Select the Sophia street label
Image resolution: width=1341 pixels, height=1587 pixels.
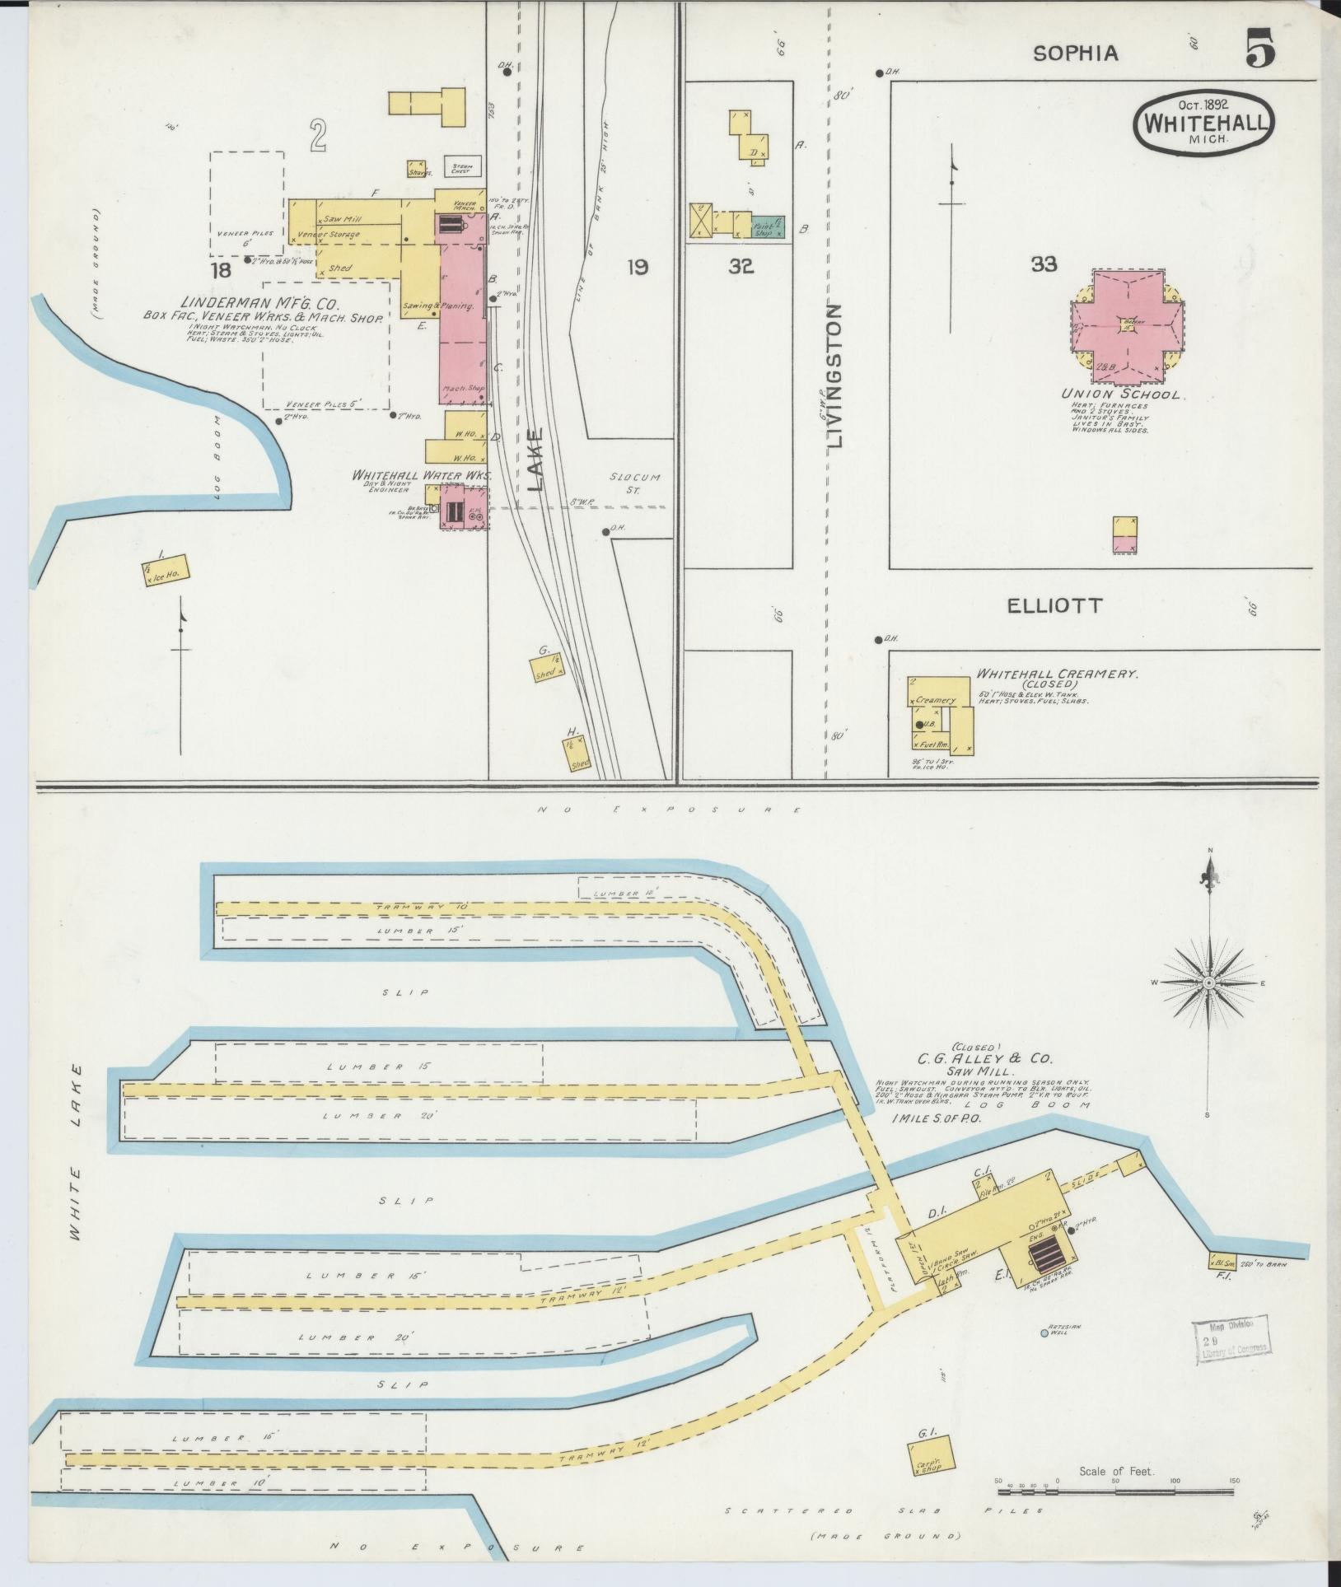[1076, 54]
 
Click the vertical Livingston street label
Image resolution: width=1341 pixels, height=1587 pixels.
[835, 376]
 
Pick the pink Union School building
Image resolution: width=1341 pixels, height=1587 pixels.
[1128, 327]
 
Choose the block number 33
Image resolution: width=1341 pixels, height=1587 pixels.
[1044, 264]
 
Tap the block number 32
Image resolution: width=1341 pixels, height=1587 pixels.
[741, 266]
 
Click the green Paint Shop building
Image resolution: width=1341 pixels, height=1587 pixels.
[768, 227]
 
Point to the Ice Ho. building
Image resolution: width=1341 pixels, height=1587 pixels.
[165, 570]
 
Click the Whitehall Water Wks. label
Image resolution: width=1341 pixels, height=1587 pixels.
[421, 476]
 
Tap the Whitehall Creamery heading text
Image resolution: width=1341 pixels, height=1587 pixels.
[1057, 674]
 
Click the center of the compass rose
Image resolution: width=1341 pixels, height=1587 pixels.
[1208, 983]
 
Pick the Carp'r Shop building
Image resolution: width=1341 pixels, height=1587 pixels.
[932, 1455]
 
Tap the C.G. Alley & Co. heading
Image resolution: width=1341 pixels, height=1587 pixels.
[985, 1058]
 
